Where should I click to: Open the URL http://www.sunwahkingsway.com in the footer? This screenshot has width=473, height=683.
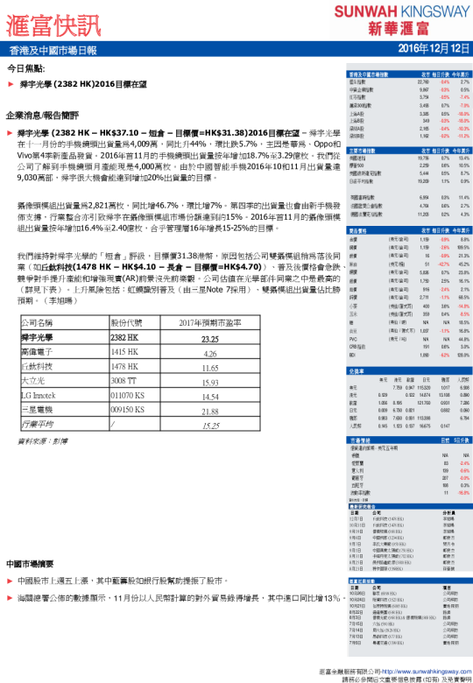(413, 665)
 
